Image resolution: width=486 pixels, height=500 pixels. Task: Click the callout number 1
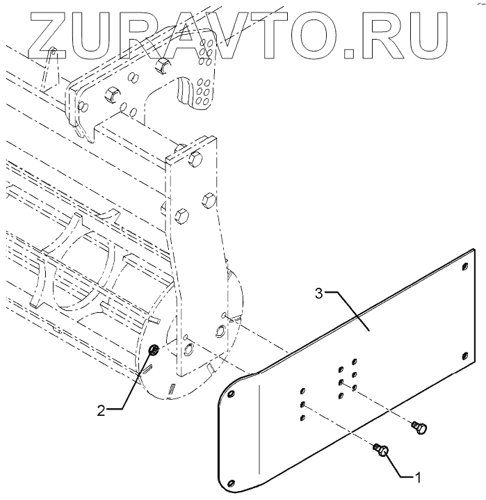click(x=417, y=478)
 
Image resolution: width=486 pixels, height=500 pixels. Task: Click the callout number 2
click(x=101, y=410)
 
